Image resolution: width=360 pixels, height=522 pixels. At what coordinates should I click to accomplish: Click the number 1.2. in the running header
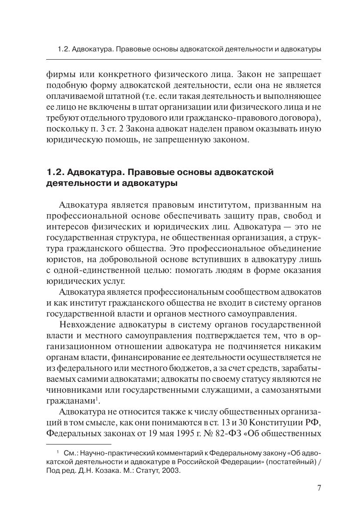63,49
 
